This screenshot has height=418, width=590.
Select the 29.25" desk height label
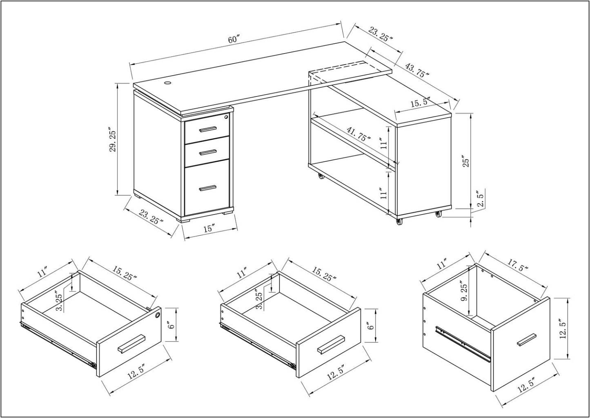coord(113,141)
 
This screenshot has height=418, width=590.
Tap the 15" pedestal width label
coord(209,229)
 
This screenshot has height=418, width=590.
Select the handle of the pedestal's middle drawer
coord(208,152)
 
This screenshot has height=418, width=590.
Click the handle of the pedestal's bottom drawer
coord(207,188)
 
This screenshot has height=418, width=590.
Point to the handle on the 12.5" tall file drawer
coord(526,340)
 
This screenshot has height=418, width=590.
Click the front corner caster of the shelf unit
coord(398,221)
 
